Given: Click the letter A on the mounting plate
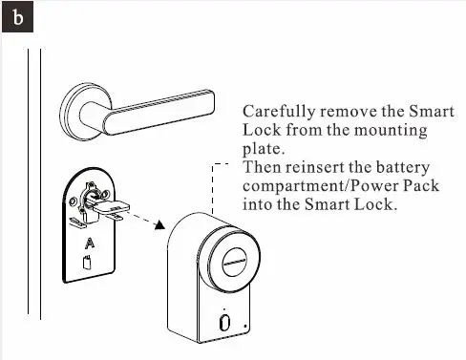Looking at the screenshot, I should pos(90,244).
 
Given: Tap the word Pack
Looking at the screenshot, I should pos(420,185).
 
